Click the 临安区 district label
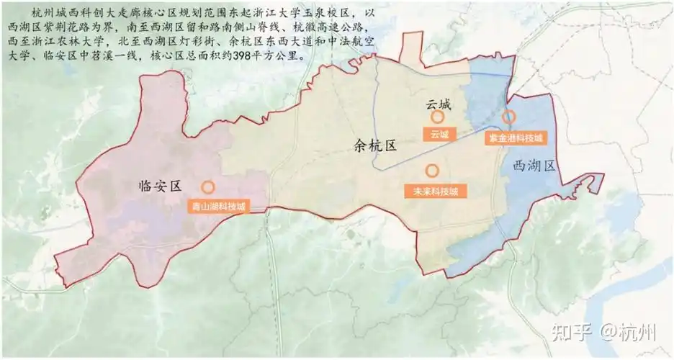pyautogui.click(x=163, y=186)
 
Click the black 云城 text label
pyautogui.click(x=437, y=104)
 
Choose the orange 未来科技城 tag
pyautogui.click(x=435, y=192)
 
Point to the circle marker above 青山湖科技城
pyautogui.click(x=207, y=187)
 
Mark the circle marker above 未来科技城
pyautogui.click(x=432, y=171)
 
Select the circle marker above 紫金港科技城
pyautogui.click(x=508, y=117)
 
